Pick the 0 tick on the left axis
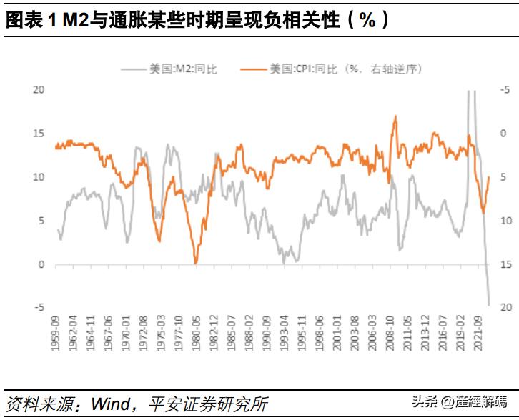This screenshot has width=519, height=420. pos(41,264)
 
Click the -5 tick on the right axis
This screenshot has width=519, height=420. pos(505,89)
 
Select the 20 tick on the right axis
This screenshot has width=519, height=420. pos(505,308)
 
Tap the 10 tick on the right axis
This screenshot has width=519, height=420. pos(505,221)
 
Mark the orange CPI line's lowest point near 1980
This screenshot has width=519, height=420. pos(196,264)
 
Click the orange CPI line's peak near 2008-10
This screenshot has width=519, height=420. pos(395,116)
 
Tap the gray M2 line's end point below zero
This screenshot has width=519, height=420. pos(489,305)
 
